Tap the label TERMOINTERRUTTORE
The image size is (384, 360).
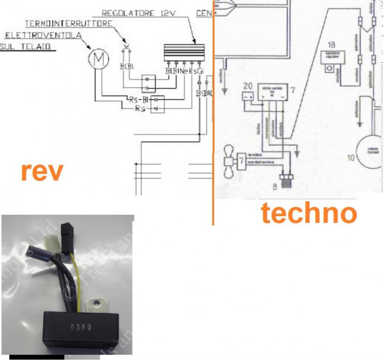click(69, 23)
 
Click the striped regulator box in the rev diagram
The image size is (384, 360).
click(184, 51)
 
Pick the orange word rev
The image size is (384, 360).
click(41, 172)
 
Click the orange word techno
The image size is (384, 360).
click(308, 213)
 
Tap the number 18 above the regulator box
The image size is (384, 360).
click(332, 45)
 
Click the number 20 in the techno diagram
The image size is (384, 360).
click(248, 86)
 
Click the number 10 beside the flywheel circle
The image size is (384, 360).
click(351, 158)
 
